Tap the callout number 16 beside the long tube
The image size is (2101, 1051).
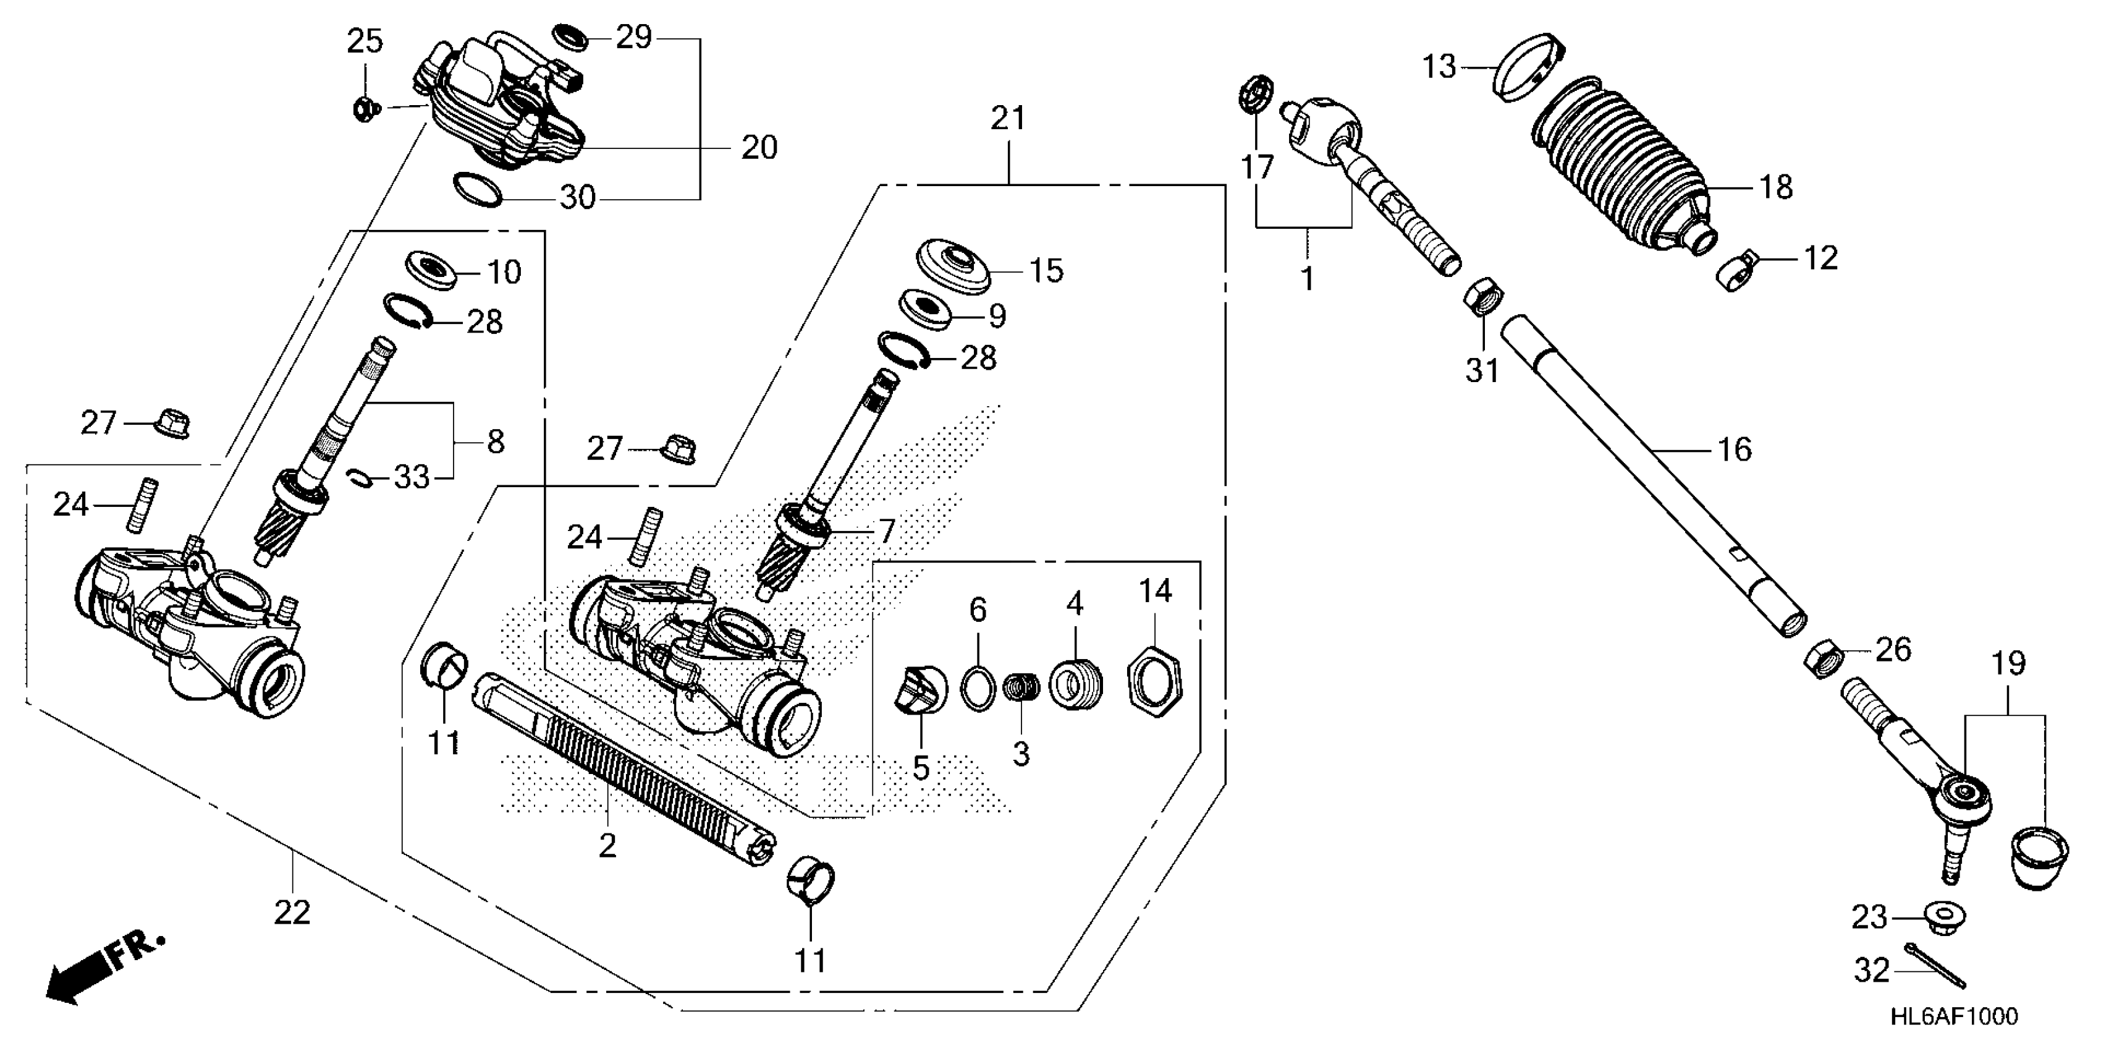pos(1734,449)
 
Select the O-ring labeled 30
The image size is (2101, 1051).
pos(477,190)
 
